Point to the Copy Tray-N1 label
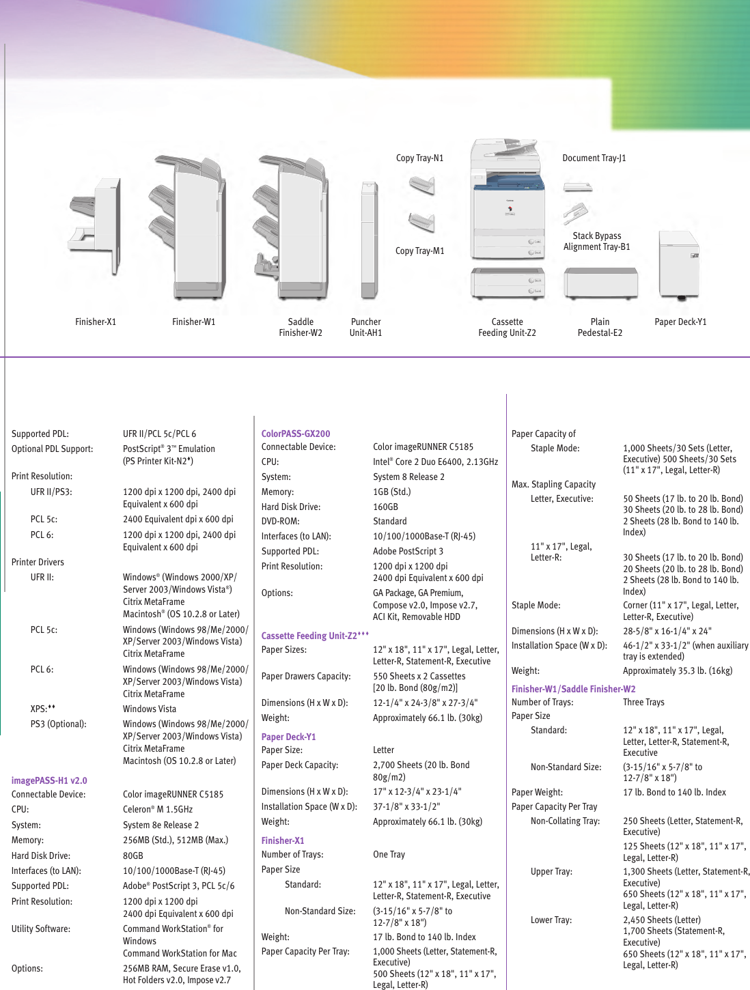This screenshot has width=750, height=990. point(419,158)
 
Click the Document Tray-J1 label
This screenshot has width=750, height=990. point(594,158)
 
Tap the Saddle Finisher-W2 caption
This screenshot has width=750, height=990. point(301,327)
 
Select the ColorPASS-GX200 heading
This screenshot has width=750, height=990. point(296,434)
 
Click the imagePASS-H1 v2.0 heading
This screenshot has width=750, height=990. point(49,780)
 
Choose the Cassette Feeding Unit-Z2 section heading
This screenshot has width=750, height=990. point(315,636)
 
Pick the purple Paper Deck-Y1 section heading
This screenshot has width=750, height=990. point(288,737)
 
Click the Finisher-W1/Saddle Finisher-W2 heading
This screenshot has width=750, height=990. point(573,689)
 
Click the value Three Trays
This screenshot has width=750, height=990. point(643,702)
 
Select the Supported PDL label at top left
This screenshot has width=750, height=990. point(40,434)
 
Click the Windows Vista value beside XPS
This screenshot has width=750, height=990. point(150,709)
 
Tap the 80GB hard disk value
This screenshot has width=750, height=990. point(133,855)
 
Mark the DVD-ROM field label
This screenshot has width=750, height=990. point(280,521)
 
